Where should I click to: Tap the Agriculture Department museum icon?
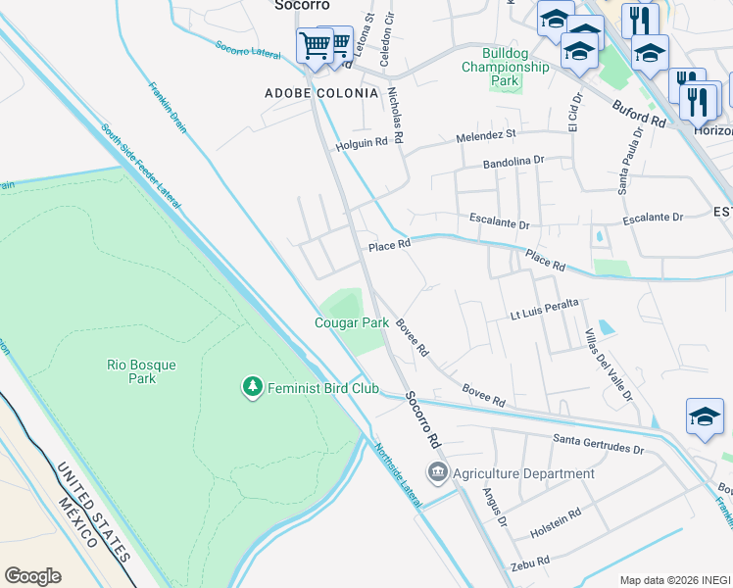click(x=437, y=473)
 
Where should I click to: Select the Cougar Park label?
click(x=352, y=322)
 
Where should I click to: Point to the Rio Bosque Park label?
click(x=142, y=371)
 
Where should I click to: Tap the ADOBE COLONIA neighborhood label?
click(x=321, y=93)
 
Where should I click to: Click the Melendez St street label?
click(x=485, y=134)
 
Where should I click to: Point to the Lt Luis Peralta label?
click(x=545, y=312)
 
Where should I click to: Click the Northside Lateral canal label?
click(x=397, y=475)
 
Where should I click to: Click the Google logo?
click(x=33, y=575)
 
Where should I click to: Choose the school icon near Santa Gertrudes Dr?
click(x=705, y=416)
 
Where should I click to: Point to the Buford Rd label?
click(x=639, y=113)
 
